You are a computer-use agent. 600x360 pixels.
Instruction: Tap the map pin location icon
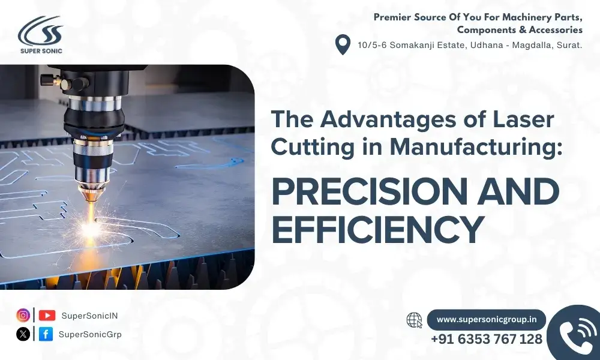343,44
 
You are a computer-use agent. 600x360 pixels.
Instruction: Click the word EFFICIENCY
377,229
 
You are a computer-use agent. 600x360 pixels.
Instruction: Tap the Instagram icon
23,315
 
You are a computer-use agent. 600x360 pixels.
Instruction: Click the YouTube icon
47,315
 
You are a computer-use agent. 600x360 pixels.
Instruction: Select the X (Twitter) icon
23,334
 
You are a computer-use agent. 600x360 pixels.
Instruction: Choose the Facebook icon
46,334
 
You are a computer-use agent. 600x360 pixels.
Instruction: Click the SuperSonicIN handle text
89,316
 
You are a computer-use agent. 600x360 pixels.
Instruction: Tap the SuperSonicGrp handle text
90,334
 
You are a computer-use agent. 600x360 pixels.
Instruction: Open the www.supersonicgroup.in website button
487,320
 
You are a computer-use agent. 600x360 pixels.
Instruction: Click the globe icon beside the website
415,320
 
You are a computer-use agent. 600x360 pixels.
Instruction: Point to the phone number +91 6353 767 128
487,340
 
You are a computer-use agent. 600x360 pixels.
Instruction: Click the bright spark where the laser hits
91,229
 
